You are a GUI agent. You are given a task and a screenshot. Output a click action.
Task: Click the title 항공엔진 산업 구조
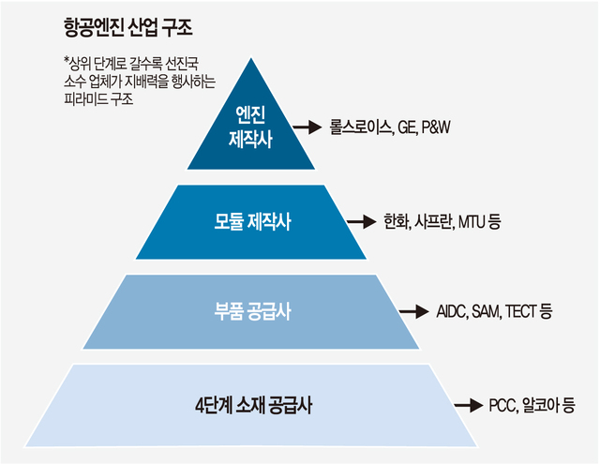click(127, 27)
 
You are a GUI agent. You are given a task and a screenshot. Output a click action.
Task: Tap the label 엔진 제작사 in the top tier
click(250, 127)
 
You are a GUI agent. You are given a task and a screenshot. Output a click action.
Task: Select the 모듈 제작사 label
click(252, 222)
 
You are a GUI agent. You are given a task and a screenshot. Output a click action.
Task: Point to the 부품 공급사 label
click(252, 311)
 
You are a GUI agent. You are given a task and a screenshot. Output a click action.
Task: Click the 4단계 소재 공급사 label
click(253, 406)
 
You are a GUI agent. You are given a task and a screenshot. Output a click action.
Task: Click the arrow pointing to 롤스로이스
click(307, 127)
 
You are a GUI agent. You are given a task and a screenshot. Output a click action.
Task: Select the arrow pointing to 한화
click(361, 221)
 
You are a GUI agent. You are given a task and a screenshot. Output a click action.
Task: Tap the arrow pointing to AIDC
click(413, 311)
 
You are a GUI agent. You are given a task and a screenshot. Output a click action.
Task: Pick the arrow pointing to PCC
click(469, 406)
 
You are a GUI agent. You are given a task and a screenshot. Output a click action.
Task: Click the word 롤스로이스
click(361, 127)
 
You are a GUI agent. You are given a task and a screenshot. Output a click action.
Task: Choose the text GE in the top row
click(407, 127)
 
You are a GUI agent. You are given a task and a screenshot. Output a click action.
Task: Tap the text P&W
click(435, 127)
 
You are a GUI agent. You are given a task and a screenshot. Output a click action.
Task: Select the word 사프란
click(434, 222)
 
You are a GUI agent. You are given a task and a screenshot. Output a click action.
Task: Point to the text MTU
click(472, 222)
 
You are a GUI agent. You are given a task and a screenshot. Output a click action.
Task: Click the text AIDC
click(451, 312)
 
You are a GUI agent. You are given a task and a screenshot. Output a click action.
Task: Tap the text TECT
click(520, 312)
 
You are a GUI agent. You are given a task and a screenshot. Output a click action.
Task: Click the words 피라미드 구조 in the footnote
click(98, 99)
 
